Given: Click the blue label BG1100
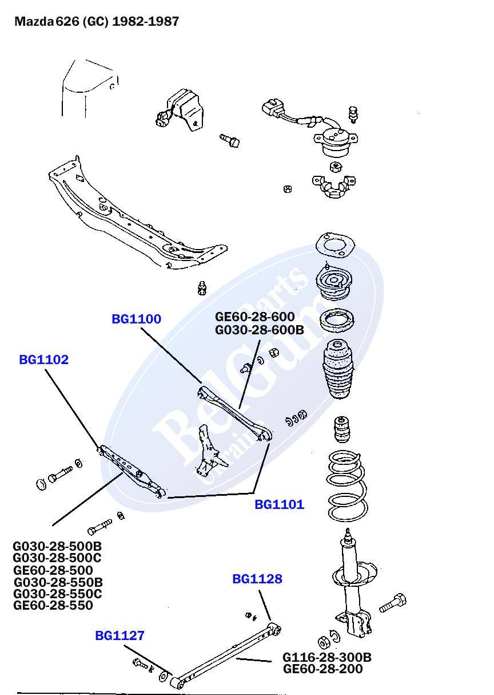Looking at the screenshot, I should (136, 319).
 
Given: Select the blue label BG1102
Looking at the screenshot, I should (43, 360).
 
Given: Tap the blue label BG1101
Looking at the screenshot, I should (279, 505).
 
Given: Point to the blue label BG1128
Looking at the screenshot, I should (257, 579).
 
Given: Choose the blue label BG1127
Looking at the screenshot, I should (119, 635).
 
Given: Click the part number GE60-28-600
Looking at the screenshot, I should (254, 317).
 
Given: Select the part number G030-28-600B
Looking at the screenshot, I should (259, 330).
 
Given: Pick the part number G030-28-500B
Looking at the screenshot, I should (57, 547).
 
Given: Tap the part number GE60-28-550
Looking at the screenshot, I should (53, 606).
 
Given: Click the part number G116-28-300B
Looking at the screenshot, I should (326, 657).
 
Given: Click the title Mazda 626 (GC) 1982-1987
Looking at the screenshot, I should (97, 22).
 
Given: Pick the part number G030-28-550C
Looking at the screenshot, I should (57, 594).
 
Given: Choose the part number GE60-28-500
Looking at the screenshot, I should (53, 570).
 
